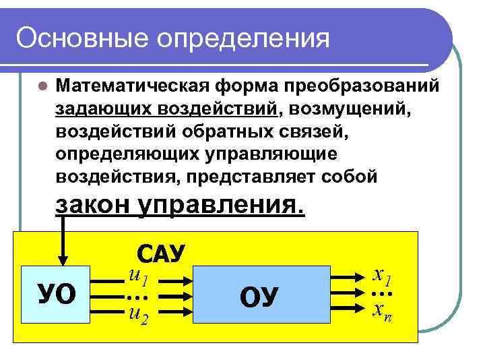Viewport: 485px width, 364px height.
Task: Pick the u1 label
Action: click(137, 276)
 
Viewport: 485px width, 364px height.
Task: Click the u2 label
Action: click(137, 314)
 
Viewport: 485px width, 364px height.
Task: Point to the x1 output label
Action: click(382, 276)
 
